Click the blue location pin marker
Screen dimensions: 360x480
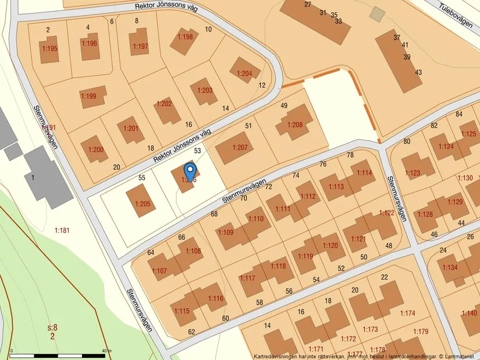pos(190,172)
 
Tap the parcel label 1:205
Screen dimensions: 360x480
pos(143,204)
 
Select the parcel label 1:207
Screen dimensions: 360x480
pos(240,148)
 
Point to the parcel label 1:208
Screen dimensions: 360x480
pos(295,125)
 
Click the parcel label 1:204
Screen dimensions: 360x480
pos(244,73)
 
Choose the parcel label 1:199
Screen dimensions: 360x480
pos(88,96)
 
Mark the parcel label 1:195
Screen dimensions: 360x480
pos(49,49)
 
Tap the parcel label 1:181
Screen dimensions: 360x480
pos(62,230)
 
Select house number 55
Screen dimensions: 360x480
pos(141,177)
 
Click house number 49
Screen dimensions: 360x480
pos(284,106)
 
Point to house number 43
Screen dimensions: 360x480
pos(418,72)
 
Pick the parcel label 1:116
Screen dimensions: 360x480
pos(215,299)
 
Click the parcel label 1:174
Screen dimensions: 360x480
pos(408,313)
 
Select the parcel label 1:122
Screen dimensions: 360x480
pos(387,213)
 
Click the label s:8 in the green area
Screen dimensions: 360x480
pos(53,327)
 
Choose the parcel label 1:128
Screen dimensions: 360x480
pos(425,215)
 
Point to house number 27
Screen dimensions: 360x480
pos(307,5)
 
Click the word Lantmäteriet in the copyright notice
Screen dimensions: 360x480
pos(459,356)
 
